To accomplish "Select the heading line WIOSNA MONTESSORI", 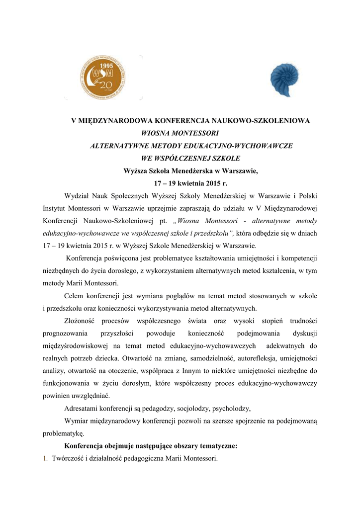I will coord(180,133).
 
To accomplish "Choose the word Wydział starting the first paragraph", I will coord(78,196).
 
